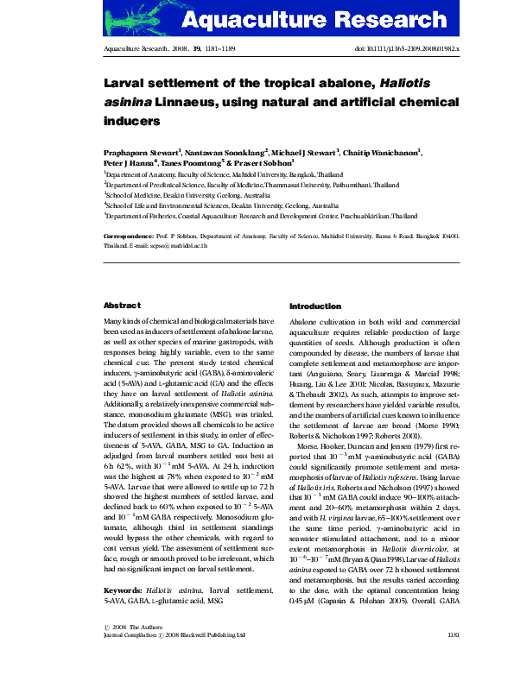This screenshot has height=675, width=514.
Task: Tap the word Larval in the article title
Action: pos(127,85)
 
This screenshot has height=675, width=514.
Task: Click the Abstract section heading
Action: pos(122,306)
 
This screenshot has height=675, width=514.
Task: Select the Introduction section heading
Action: pos(315,306)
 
